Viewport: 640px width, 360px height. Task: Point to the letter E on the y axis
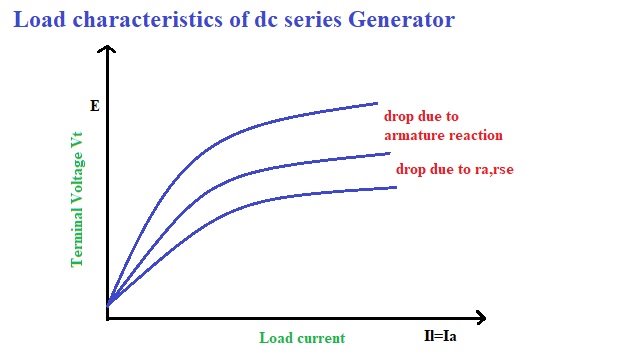[94, 103]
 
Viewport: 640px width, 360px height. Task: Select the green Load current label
[301, 338]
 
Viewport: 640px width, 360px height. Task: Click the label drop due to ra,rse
[455, 169]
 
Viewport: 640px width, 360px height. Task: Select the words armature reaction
[443, 135]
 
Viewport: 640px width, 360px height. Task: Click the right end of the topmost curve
[377, 103]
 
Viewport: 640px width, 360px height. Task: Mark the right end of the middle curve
[389, 153]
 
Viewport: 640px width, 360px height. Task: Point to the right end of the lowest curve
[396, 187]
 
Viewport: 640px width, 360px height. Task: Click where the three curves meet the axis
[109, 301]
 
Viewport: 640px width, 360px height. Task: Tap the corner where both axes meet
[108, 318]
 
